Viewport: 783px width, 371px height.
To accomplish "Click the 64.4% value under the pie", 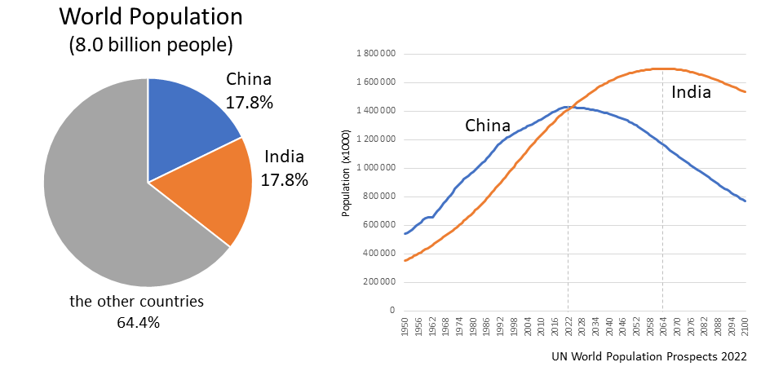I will tap(137, 322).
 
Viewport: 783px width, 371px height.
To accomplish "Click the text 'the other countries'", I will tap(137, 302).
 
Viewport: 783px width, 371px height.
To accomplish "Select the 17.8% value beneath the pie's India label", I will tap(284, 179).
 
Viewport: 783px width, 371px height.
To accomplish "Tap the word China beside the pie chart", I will tap(249, 79).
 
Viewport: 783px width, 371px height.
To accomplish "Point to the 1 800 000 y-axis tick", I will tap(376, 54).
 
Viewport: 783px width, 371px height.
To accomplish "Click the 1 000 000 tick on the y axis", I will tap(376, 168).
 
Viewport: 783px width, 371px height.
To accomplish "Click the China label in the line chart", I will tap(488, 126).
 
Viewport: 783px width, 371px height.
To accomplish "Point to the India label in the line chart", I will tap(691, 92).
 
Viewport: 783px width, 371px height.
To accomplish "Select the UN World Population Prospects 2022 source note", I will tap(649, 357).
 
